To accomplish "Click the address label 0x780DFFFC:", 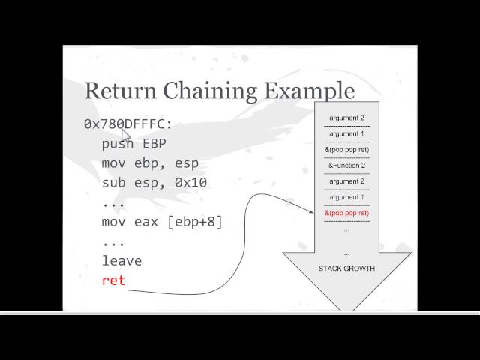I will [128, 124].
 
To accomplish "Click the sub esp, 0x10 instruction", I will [154, 182].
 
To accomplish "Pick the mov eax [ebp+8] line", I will [163, 222].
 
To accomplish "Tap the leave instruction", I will [121, 261].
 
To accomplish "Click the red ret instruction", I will [113, 280].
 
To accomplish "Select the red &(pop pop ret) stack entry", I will [346, 213].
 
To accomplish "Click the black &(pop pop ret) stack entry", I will [346, 150].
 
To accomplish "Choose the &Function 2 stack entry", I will [346, 166].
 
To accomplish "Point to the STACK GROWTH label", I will [346, 268].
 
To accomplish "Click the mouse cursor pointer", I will [125, 135].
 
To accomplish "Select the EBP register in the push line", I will [154, 143].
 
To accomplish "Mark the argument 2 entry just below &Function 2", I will [346, 181].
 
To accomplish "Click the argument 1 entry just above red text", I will [346, 197].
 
